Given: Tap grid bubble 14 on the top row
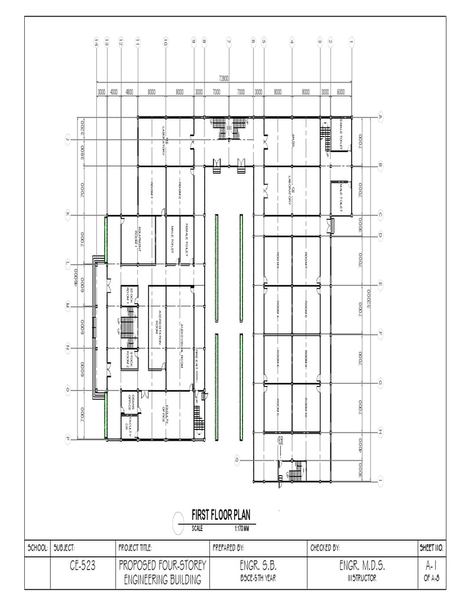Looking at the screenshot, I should (x=96, y=42).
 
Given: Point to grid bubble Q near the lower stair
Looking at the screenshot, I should (x=237, y=460).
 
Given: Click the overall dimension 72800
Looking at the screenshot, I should (x=223, y=77).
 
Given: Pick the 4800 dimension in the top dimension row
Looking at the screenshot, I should (x=129, y=92).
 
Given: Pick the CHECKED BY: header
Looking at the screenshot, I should (x=325, y=547).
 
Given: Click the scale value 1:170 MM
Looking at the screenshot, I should (x=242, y=528).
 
